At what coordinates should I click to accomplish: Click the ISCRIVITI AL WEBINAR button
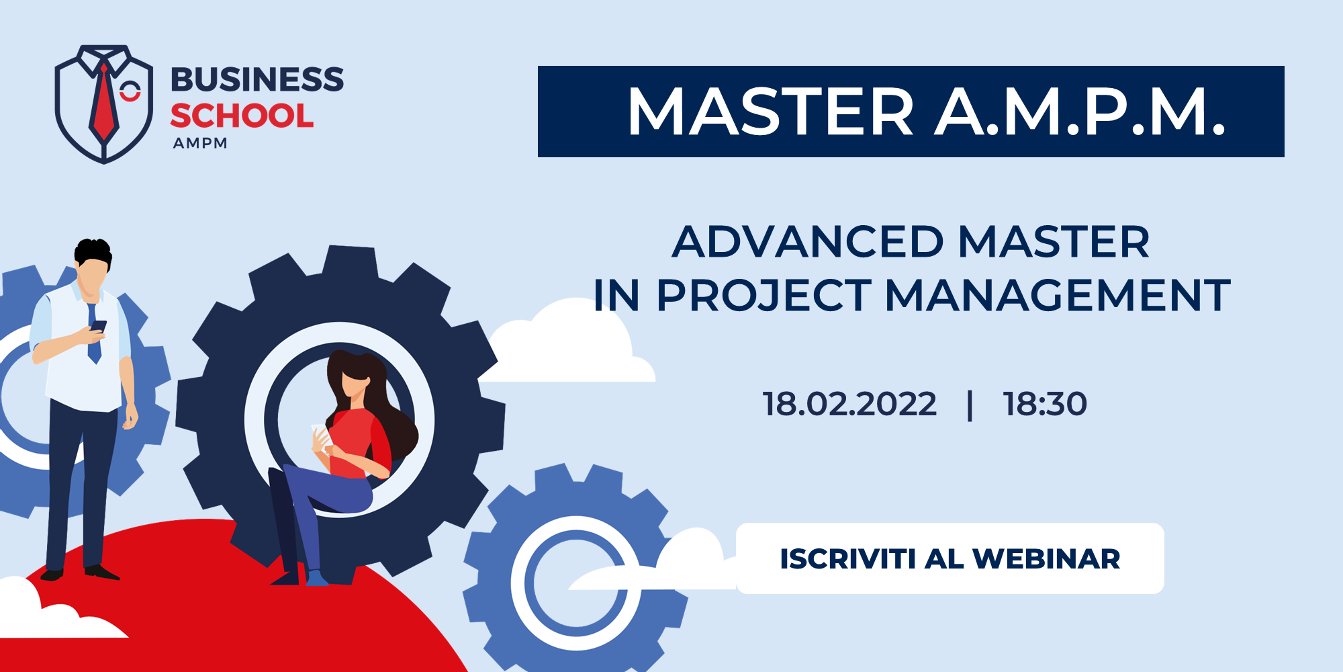950,558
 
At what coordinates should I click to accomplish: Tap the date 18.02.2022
849,404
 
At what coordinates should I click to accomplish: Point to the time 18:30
1045,404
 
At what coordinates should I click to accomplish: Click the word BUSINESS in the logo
257,79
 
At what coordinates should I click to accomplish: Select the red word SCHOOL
242,116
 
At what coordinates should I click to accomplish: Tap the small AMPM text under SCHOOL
200,143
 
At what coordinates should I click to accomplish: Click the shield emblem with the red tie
104,104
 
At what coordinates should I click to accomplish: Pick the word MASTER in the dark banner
771,112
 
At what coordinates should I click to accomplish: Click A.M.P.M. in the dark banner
1081,112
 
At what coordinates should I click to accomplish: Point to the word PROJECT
764,296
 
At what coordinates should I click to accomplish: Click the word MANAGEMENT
1058,296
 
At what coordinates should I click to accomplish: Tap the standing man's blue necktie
94,333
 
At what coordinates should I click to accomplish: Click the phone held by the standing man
99,327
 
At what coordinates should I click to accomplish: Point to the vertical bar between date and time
970,405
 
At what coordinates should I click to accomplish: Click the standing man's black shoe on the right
101,573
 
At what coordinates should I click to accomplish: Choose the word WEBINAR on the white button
1046,559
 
